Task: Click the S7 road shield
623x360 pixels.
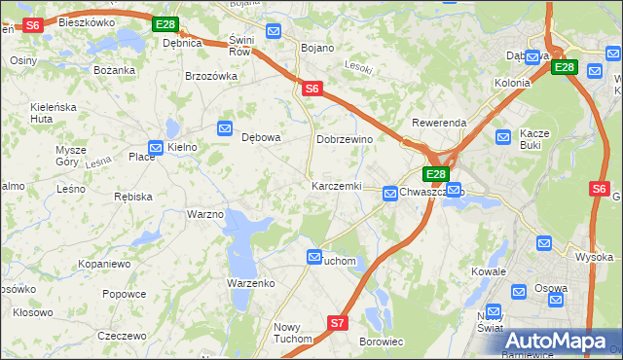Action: [337, 322]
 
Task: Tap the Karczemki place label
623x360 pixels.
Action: [336, 186]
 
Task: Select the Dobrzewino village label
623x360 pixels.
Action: [345, 139]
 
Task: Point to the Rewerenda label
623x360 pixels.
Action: [439, 123]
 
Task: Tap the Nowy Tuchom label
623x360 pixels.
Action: [292, 333]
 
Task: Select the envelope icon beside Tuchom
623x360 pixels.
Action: [314, 256]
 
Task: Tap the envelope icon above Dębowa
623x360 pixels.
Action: [225, 127]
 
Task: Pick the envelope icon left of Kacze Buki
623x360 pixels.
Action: [502, 138]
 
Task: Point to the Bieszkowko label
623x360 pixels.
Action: [86, 21]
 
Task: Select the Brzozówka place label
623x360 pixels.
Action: [211, 76]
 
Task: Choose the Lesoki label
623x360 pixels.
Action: [359, 67]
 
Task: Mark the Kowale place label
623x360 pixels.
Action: [489, 271]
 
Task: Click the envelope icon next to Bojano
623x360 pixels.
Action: [274, 32]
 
